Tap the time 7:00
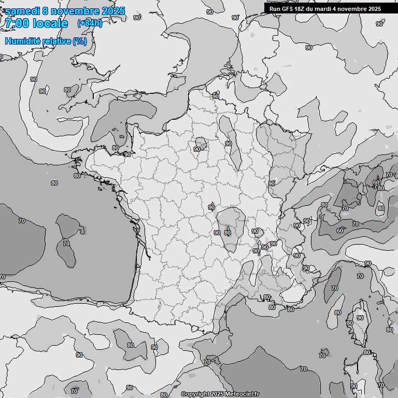tap(16, 23)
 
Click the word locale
tap(50, 23)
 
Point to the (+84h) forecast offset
tap(90, 23)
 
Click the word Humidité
tap(22, 41)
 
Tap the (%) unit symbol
tap(80, 41)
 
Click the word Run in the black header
tap(275, 9)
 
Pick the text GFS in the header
tap(287, 9)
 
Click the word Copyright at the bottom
tap(195, 394)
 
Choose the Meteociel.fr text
tap(241, 394)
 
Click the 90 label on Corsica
tap(360, 318)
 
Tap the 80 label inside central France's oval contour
tap(227, 233)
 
